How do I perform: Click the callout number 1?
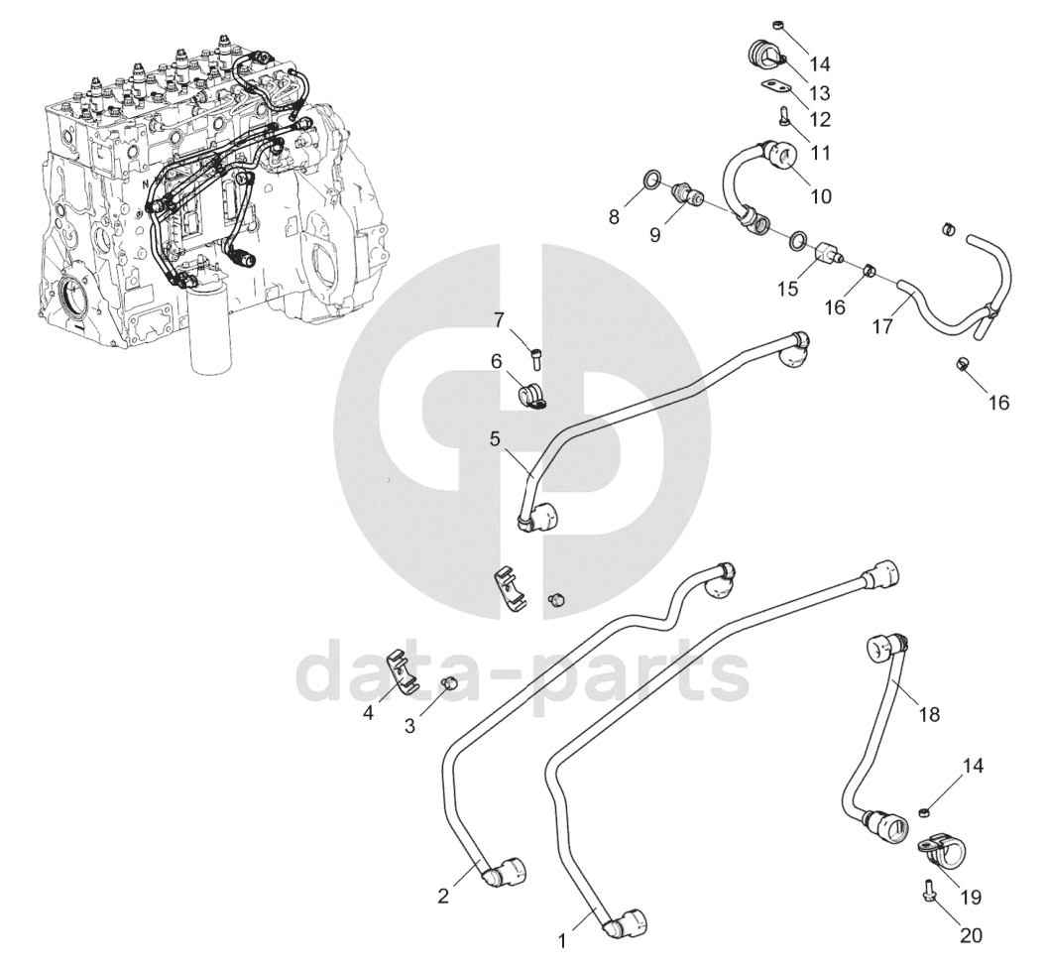563,938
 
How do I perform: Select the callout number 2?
443,897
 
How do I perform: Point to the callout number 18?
929,713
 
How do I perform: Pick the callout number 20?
971,933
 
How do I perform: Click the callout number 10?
821,195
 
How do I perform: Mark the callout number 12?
819,119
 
